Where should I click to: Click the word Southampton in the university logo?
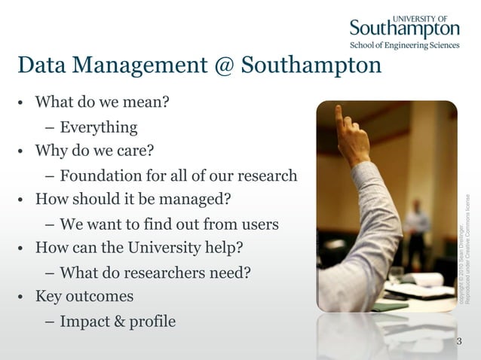click(404, 29)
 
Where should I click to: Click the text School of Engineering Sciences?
click(404, 45)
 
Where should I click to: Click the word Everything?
click(99, 127)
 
